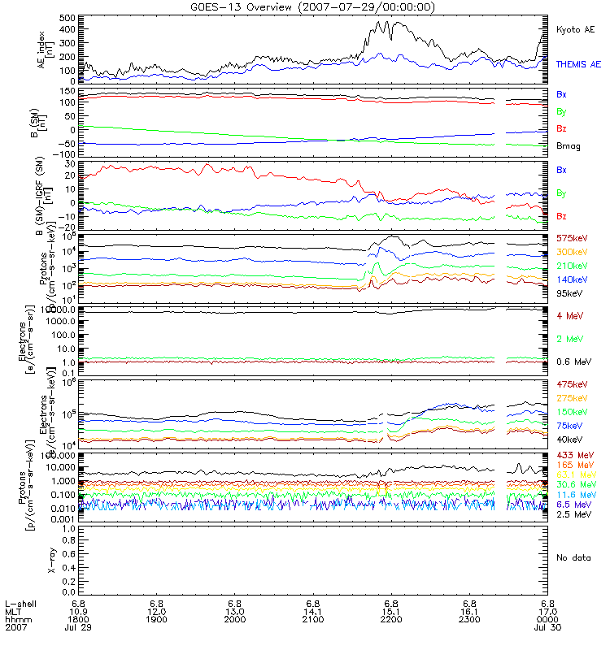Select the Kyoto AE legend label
tap(576, 30)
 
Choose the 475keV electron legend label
tap(572, 383)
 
